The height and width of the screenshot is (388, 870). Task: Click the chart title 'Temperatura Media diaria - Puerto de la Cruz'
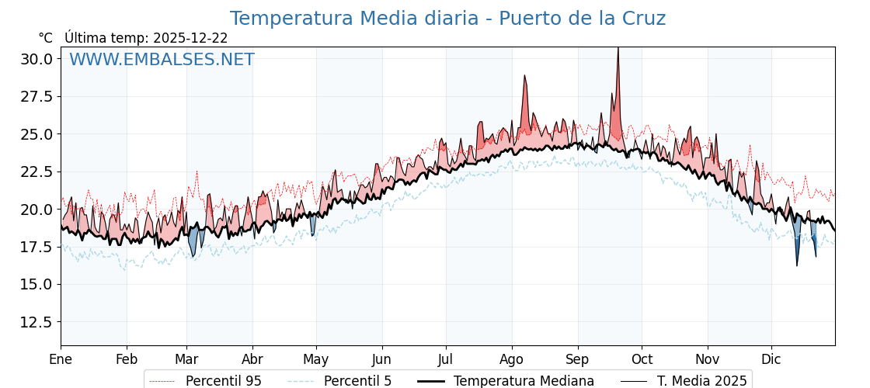point(447,19)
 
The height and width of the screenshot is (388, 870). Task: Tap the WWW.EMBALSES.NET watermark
point(162,60)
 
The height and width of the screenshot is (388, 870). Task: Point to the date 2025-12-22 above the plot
point(190,38)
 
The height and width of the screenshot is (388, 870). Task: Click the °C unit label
point(45,38)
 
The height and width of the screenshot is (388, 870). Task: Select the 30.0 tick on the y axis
point(37,59)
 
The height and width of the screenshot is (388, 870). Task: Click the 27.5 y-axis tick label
point(37,96)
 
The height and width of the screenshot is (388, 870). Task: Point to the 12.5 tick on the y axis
point(37,321)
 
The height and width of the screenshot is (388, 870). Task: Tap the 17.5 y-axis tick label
point(37,247)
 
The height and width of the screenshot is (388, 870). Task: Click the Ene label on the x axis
point(61,359)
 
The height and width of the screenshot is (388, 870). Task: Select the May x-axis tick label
point(316,359)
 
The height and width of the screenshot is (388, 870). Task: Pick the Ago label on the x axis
point(512,359)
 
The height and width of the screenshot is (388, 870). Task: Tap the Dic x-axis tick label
point(771,359)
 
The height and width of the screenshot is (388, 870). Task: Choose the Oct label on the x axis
point(642,359)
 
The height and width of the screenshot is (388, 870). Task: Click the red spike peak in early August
point(525,76)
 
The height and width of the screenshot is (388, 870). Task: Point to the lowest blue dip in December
point(797,265)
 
